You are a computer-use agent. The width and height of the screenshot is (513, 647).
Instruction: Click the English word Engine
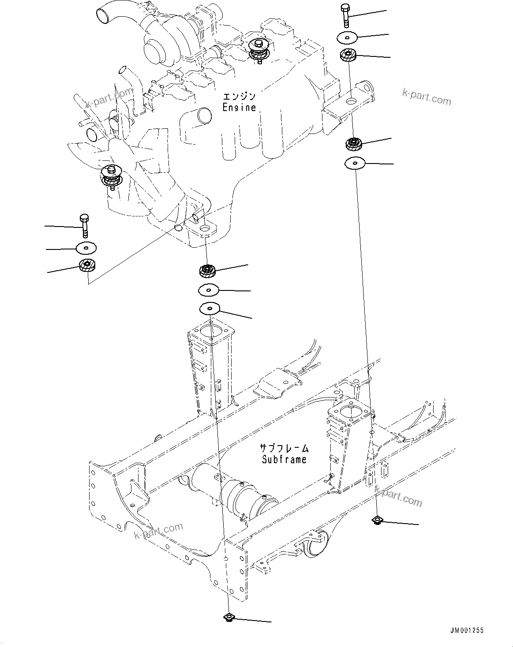239,108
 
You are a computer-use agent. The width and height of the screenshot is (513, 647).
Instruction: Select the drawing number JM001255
467,630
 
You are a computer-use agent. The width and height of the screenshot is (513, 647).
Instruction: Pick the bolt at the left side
85,226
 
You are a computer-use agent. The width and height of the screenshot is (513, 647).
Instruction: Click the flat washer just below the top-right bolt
347,37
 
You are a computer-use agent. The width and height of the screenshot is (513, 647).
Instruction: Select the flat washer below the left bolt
86,248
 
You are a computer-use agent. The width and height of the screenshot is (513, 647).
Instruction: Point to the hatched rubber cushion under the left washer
87,265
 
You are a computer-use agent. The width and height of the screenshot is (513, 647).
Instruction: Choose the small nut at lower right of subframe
377,520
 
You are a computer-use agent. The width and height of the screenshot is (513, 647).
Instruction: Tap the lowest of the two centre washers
210,309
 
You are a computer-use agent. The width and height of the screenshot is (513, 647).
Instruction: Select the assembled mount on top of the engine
259,51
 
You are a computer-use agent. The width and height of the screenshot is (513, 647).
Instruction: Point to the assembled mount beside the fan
112,177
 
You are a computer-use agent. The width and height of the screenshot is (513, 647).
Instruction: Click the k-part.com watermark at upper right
427,97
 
